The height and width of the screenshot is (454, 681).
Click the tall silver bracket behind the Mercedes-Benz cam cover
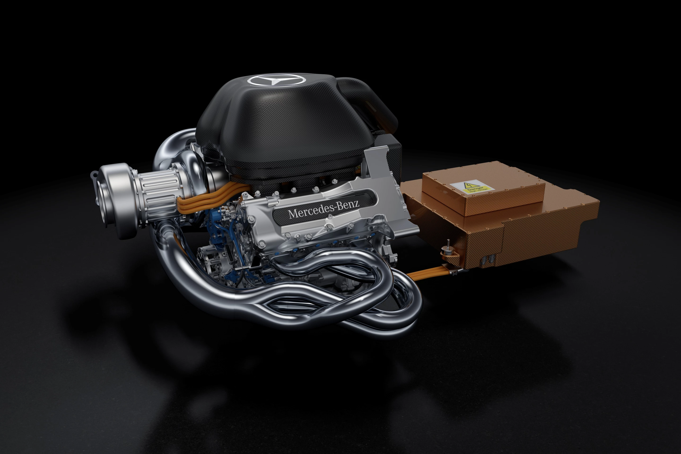point(376,162)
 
